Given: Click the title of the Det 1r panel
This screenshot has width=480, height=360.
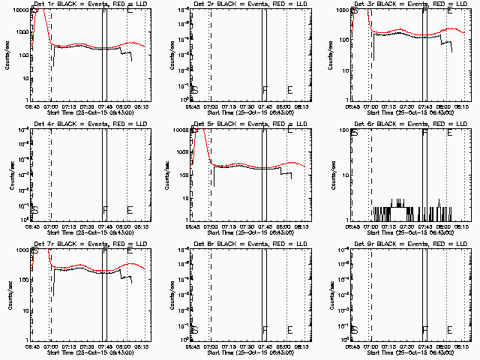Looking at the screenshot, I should [x=83, y=4].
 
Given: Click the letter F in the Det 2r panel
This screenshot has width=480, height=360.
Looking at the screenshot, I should [x=265, y=90].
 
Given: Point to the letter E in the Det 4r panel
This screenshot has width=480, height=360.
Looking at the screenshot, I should [x=130, y=209].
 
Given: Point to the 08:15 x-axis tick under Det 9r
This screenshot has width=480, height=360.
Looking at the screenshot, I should [x=463, y=346].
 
